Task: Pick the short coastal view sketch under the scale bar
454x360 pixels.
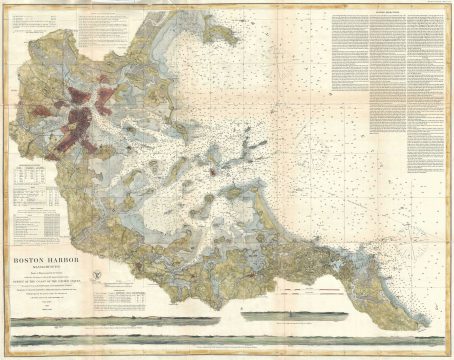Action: [300, 311]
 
